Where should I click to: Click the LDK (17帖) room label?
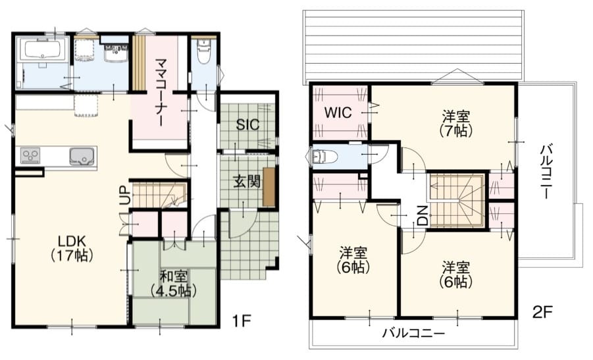pyautogui.click(x=72, y=248)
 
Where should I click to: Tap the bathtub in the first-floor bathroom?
pyautogui.click(x=42, y=49)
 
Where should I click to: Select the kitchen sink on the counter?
pyautogui.click(x=82, y=156)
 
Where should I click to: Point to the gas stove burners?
pyautogui.click(x=30, y=156)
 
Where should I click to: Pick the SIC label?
pyautogui.click(x=247, y=124)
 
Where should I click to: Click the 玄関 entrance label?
pyautogui.click(x=247, y=182)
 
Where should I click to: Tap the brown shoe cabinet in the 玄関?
pyautogui.click(x=269, y=187)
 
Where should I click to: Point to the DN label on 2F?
pyautogui.click(x=423, y=216)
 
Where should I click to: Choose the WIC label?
pyautogui.click(x=338, y=113)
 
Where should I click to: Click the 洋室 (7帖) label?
pyautogui.click(x=456, y=123)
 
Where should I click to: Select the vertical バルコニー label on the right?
pyautogui.click(x=545, y=172)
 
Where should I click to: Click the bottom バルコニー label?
pyautogui.click(x=413, y=334)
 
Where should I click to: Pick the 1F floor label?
pyautogui.click(x=241, y=321)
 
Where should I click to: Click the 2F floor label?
pyautogui.click(x=542, y=312)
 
